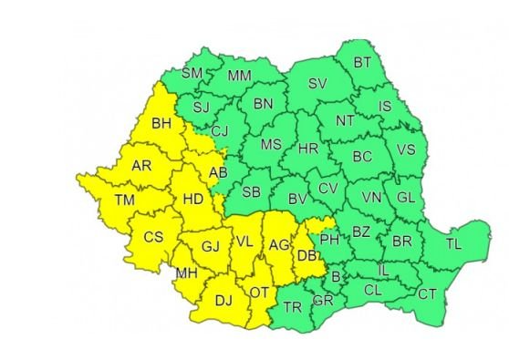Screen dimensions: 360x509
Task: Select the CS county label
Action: tap(153, 238)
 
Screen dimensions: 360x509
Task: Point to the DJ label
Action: tap(223, 298)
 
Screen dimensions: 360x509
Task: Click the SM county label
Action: tap(192, 73)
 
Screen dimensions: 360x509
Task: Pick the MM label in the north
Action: tap(240, 76)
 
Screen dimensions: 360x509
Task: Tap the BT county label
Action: tap(362, 62)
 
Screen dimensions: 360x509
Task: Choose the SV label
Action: tap(317, 84)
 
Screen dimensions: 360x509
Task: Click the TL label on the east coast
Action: tap(453, 243)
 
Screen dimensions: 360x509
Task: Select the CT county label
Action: tap(427, 293)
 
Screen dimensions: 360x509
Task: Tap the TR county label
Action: tap(292, 307)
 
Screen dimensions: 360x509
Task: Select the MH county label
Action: tap(187, 273)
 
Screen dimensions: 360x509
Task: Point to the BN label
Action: tap(263, 104)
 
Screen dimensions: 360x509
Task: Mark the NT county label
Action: tap(345, 120)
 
